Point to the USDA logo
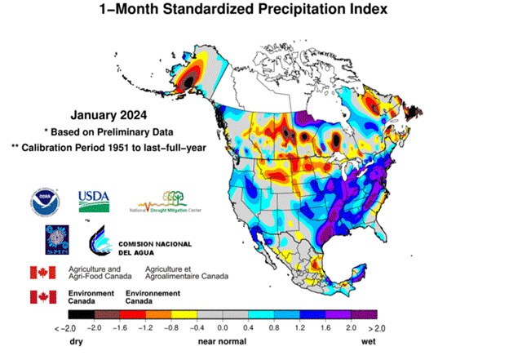point(94,200)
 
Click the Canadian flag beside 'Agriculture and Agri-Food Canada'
point(42,272)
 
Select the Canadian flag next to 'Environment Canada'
point(42,296)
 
